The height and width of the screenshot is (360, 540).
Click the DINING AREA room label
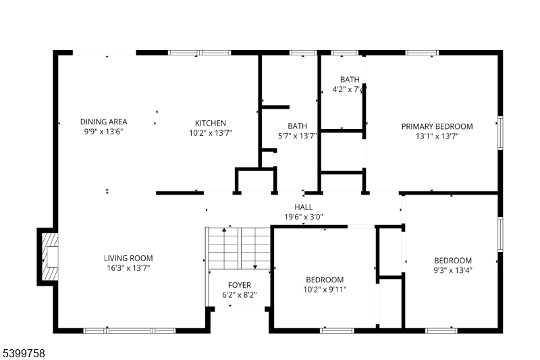pos(104,122)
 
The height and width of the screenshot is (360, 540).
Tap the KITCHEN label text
pos(211,123)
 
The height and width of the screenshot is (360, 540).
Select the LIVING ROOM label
pos(128,258)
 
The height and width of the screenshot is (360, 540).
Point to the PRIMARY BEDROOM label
pos(437,126)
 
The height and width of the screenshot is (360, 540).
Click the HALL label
pos(303,207)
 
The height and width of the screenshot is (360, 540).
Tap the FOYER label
pos(240,285)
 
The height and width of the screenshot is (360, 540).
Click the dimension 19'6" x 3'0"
pos(303,217)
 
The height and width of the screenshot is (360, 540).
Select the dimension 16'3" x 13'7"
pos(128,268)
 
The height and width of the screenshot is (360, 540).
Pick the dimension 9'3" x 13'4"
pos(452,270)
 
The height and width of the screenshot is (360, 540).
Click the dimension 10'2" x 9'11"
pos(325,289)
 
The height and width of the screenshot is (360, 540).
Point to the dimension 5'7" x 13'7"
pos(297,136)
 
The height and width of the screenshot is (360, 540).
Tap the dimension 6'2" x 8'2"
pos(240,295)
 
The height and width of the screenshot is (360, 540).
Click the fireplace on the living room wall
pos(48,257)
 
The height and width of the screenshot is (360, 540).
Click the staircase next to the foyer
pos(240,248)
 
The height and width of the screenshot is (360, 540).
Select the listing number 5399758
pos(24,353)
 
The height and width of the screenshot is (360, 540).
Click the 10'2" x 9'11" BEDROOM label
pos(325,280)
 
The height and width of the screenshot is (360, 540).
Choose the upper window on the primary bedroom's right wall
pos(500,133)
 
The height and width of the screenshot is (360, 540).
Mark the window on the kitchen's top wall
pos(199,53)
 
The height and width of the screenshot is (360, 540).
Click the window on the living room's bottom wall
pos(130,331)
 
